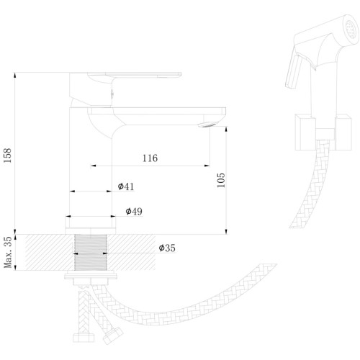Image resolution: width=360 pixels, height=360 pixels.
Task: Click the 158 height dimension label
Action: click(7, 156)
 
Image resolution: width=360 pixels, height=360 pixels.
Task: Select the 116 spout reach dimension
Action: click(150, 158)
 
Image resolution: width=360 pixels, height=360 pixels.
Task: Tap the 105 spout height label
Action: click(221, 180)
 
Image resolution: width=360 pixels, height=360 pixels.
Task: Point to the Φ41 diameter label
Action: click(126, 186)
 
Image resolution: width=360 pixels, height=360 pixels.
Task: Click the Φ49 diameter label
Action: click(134, 211)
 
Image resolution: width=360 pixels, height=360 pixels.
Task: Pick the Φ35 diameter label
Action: click(167, 248)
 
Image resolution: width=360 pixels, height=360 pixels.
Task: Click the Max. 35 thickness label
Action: click(8, 252)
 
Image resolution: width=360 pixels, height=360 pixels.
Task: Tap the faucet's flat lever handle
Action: click(135, 75)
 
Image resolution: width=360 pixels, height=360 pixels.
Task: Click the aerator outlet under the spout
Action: click(207, 125)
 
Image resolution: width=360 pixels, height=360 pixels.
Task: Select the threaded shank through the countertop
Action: click(91, 252)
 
